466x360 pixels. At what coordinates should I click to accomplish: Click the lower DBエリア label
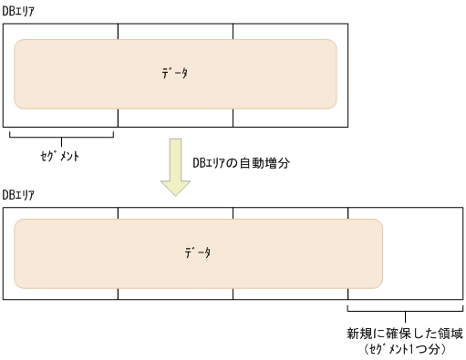(x=19, y=195)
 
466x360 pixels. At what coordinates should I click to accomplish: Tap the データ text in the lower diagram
(x=197, y=252)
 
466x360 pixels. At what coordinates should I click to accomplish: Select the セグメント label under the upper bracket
(x=60, y=157)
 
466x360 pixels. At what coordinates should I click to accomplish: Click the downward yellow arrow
(x=175, y=168)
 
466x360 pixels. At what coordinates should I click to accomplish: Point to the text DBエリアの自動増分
(x=240, y=163)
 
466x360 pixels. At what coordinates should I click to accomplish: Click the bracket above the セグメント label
(x=60, y=138)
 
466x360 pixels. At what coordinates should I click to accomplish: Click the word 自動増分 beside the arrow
(x=265, y=163)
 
